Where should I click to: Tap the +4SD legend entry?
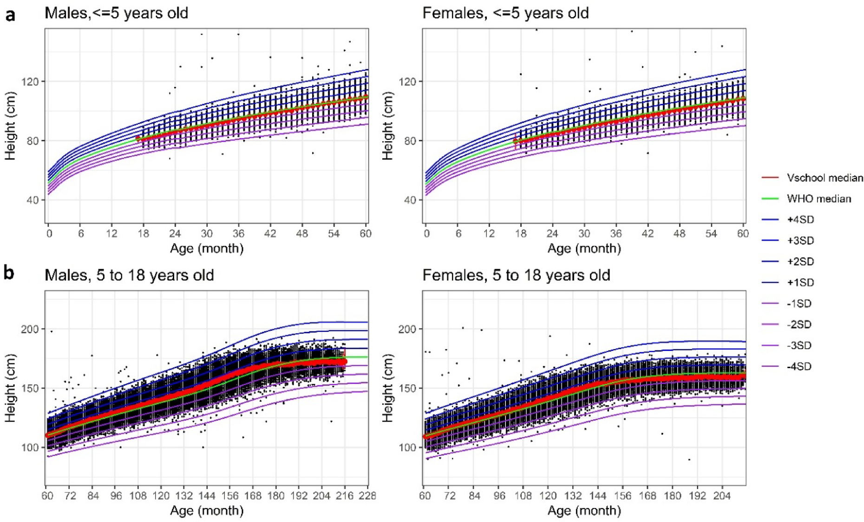[800, 219]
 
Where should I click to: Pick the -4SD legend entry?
[799, 366]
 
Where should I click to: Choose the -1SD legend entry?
[799, 304]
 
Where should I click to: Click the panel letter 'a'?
[10, 15]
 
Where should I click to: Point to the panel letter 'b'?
[9, 273]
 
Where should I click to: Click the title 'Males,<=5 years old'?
[116, 13]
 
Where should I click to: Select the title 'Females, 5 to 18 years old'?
[516, 275]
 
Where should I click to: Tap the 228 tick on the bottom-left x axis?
[367, 496]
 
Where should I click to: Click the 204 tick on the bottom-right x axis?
[721, 496]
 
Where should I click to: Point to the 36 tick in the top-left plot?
[238, 233]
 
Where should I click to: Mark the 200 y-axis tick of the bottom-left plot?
[30, 329]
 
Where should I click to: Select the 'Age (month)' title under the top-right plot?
[584, 248]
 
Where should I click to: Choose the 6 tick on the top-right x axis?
[458, 233]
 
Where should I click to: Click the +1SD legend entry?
[800, 283]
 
